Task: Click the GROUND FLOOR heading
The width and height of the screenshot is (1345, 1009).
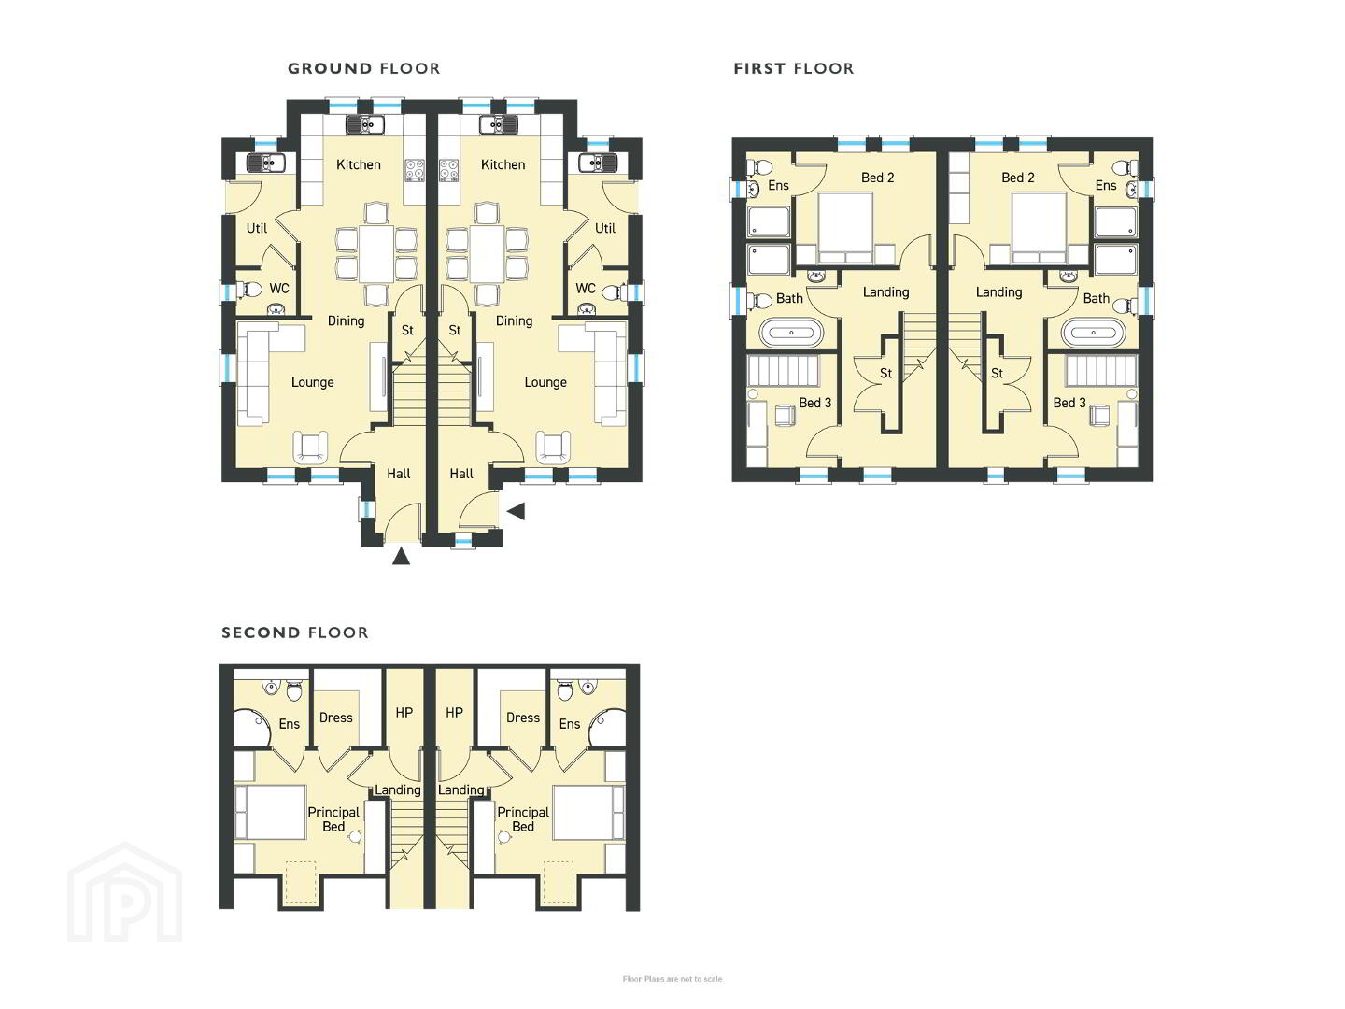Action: point(364,68)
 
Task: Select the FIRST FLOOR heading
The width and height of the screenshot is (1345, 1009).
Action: point(794,68)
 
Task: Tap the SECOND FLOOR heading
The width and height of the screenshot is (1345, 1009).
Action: point(295,632)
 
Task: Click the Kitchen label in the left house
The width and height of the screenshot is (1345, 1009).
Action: point(359,164)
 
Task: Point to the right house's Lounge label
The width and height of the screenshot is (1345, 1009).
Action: point(545,382)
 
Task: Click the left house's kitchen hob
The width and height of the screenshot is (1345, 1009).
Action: point(415,170)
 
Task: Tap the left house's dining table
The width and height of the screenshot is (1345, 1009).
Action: point(376,253)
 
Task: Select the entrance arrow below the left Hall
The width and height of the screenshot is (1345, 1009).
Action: point(401,556)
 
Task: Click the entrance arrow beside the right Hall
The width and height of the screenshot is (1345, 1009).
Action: point(516,512)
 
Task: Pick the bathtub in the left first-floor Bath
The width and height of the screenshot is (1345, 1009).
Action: point(791,333)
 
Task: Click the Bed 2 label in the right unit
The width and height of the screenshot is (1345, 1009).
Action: point(1018,178)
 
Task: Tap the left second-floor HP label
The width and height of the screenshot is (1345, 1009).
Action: point(403,713)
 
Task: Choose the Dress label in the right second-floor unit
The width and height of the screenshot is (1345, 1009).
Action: point(523,718)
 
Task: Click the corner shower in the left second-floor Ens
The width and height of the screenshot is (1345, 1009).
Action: point(250,728)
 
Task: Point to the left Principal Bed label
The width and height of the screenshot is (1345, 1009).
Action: point(333,819)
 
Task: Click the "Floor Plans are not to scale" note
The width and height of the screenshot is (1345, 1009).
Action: point(672,979)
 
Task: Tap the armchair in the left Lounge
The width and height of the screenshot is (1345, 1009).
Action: point(311,447)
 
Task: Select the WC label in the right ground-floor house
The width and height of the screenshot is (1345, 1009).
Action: point(586,288)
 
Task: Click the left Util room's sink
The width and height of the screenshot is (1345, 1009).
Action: point(266,163)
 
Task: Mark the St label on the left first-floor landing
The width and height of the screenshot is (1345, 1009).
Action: point(886,373)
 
